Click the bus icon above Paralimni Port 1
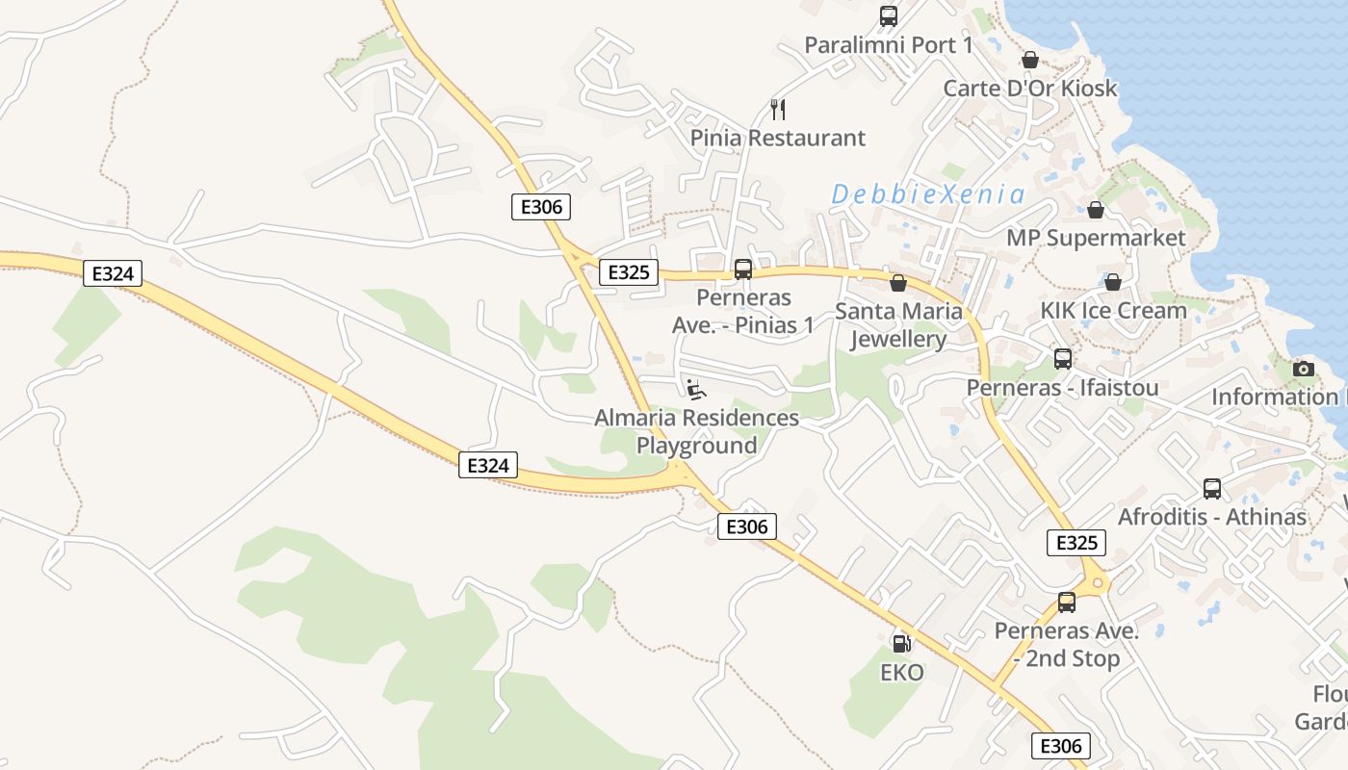[888, 16]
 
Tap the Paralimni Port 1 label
[888, 45]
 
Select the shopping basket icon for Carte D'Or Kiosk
[1029, 60]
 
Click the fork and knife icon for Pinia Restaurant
[778, 110]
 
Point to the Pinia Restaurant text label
[778, 138]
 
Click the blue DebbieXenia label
[928, 194]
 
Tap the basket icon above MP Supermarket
[1095, 210]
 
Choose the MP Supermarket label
[1096, 238]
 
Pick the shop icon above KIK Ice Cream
[1112, 282]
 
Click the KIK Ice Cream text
[1113, 310]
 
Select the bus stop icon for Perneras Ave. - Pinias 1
[742, 269]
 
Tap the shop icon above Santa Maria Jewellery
[898, 283]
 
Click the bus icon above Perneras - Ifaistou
[1062, 359]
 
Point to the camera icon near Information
[1303, 369]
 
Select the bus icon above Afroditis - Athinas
[1211, 489]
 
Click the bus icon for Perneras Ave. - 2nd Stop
[1066, 603]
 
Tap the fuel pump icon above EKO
[901, 644]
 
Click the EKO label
[902, 672]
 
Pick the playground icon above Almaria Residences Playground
[696, 389]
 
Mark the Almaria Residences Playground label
[696, 431]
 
